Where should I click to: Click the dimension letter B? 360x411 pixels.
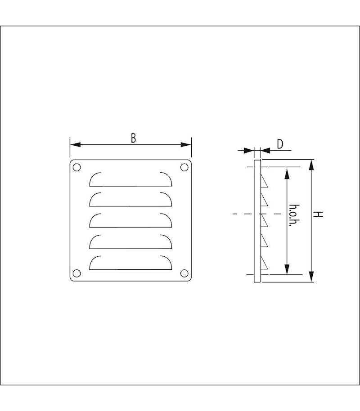pos(133,138)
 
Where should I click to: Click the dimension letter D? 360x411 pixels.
pos(279,144)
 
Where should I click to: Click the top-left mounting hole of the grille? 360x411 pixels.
pos(76,168)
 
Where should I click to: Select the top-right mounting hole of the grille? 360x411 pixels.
pos(184,168)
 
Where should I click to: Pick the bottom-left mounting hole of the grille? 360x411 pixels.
pos(76,273)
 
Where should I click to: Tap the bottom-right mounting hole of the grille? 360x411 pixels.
pos(184,273)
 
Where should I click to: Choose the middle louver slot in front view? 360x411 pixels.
pos(131,220)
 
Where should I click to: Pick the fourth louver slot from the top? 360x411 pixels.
pos(131,241)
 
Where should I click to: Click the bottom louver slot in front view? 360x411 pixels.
pos(131,263)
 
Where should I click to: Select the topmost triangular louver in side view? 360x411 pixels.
pos(265,182)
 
